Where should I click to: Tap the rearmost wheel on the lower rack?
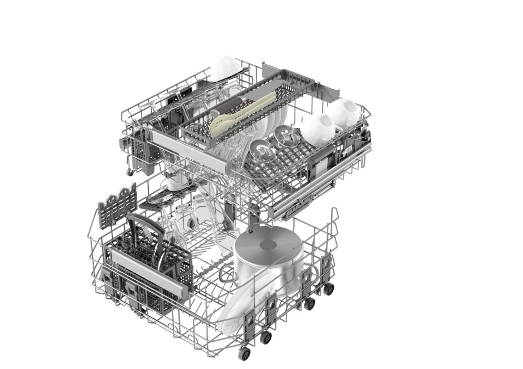329,288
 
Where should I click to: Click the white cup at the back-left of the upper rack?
226,67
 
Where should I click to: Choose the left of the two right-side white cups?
317,128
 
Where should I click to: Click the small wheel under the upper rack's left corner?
130,172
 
